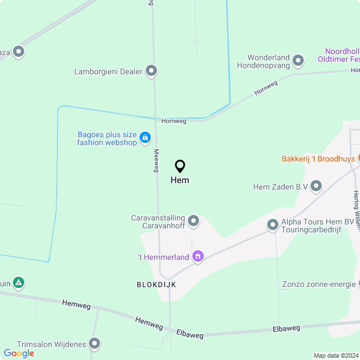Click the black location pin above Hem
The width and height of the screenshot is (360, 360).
tap(180, 166)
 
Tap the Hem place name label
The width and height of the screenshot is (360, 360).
tap(180, 180)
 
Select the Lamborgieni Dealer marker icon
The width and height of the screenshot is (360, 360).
tap(151, 71)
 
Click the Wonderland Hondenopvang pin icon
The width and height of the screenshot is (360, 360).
tap(298, 60)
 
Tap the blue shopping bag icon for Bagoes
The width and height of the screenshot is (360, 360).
tap(145, 137)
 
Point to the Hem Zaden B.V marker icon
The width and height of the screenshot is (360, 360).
tap(316, 186)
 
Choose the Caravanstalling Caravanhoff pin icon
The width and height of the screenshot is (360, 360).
tap(193, 221)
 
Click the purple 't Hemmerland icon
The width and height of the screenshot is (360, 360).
tap(197, 257)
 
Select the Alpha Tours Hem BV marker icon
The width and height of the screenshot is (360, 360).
tap(273, 226)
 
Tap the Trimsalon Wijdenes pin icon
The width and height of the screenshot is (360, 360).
tap(94, 343)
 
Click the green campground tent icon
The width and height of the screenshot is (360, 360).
tap(19, 282)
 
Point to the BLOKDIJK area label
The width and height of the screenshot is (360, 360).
tap(156, 285)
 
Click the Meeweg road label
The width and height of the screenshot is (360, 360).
tap(156, 160)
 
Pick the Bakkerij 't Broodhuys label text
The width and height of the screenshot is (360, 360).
tap(318, 159)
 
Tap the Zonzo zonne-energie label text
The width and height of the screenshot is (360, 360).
tap(319, 284)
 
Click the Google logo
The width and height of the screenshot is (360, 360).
tap(19, 353)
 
